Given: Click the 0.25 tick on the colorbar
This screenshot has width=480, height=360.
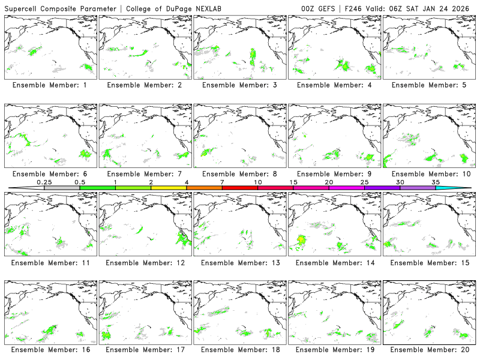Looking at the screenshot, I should click(44, 188).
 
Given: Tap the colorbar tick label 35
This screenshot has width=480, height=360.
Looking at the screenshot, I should click(435, 182).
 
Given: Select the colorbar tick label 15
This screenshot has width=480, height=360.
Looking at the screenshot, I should click(293, 182).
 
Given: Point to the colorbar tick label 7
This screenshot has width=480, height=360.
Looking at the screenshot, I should click(222, 182).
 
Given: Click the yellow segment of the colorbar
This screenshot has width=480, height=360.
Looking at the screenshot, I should click(169, 188).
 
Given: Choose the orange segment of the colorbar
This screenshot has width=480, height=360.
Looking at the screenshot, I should click(204, 188).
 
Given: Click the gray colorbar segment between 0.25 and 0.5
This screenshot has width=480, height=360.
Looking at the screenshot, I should click(62, 188).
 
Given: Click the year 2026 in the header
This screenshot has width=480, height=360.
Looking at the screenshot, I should click(464, 10).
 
